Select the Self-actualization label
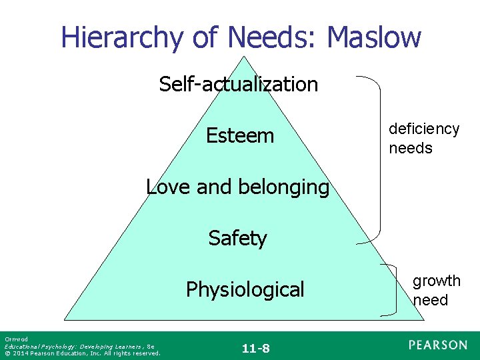pos(238,85)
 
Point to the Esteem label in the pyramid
pos(240,136)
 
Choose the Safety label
pos(237,238)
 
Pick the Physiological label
pos(245,290)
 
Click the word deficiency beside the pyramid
pos(424,129)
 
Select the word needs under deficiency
pos(411,148)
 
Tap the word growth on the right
pos(436,281)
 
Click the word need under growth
pos(430,300)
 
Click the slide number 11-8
pos(255,348)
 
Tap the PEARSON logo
pos(438,345)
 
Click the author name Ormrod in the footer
pos(14,339)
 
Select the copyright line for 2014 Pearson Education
pos(82,353)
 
